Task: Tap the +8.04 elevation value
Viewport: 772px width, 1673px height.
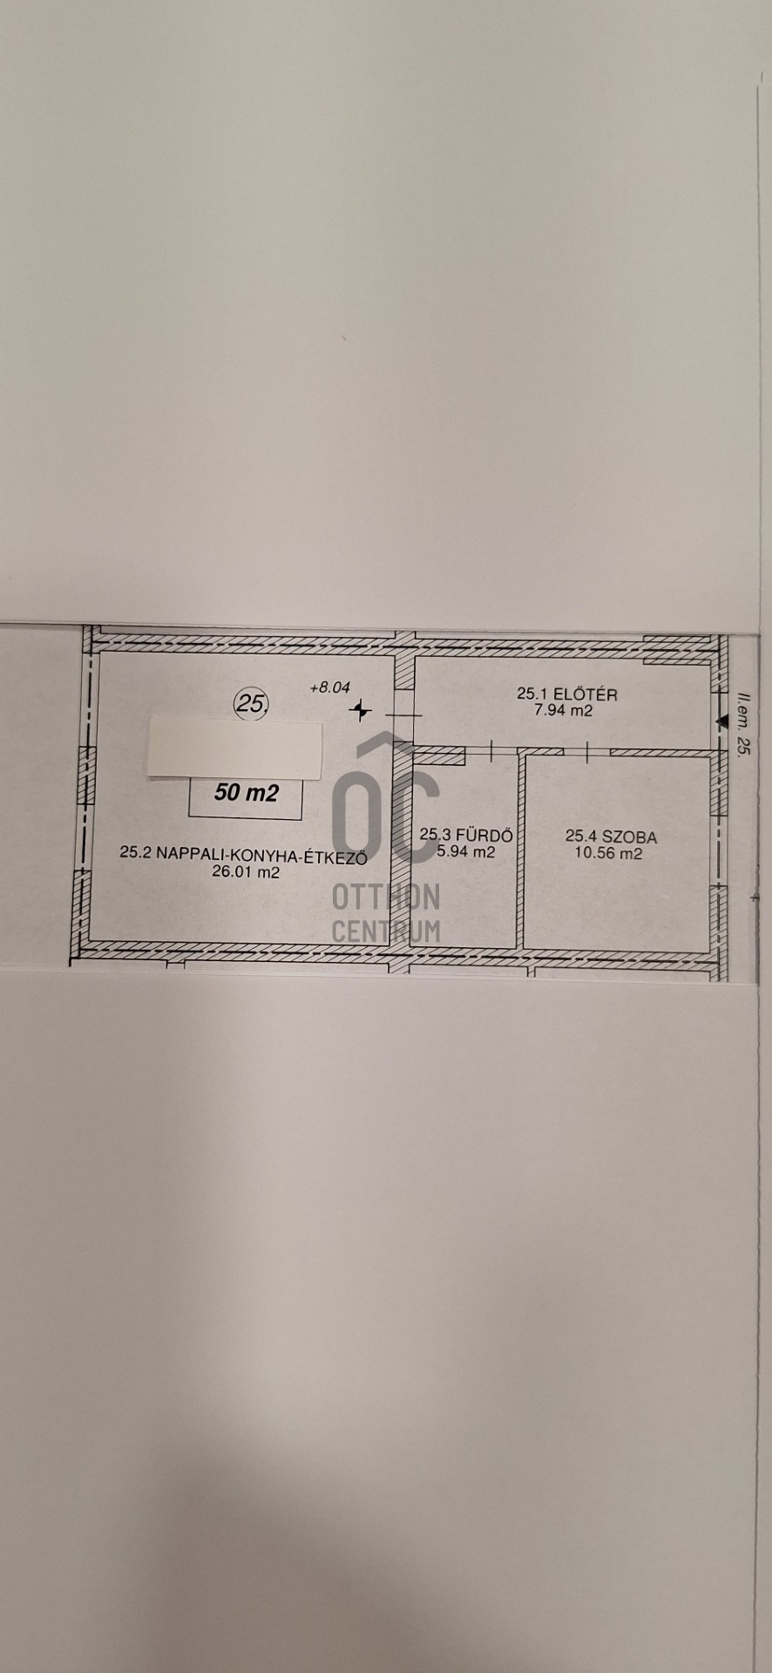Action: (x=329, y=687)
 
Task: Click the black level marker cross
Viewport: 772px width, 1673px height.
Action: (x=359, y=712)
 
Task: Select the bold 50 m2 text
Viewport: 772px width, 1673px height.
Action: (x=246, y=793)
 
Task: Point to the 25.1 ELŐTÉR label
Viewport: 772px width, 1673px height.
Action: (x=566, y=694)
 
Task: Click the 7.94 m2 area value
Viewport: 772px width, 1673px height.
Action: (x=563, y=710)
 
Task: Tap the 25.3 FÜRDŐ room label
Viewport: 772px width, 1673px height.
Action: (x=466, y=835)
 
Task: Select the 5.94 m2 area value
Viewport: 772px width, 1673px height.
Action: (x=465, y=851)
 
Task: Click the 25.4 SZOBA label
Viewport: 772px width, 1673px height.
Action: (x=611, y=836)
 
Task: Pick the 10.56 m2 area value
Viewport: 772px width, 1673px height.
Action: (x=608, y=853)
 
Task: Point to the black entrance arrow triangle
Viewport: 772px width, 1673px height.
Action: (x=721, y=721)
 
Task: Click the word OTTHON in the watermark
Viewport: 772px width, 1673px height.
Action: (x=386, y=897)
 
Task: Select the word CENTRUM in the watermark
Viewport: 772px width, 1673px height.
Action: (x=386, y=930)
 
